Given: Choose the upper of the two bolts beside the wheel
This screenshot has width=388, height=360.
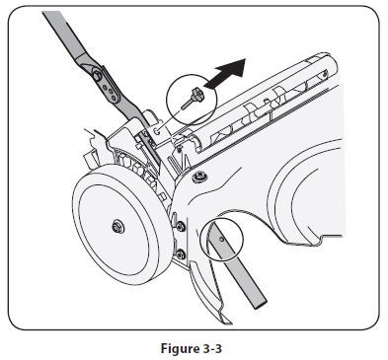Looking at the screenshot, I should tap(181, 229).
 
